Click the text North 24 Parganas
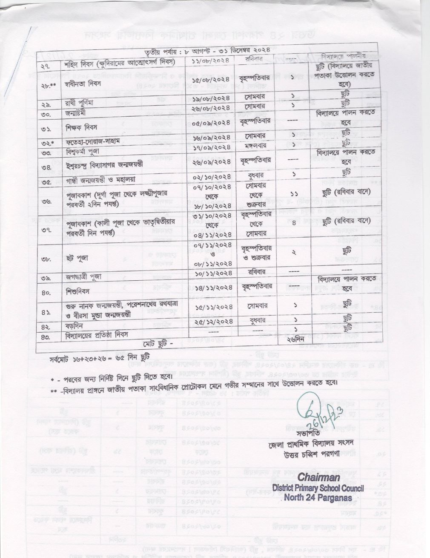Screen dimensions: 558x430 pos(318,497)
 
